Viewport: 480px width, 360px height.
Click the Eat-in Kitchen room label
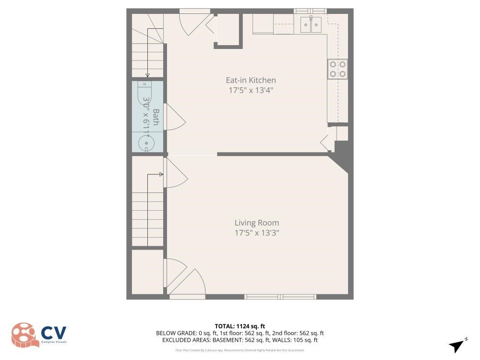point(251,80)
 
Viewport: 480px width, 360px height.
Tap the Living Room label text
point(256,223)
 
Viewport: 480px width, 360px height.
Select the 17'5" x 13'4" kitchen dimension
point(251,90)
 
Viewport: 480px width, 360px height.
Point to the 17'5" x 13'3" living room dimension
point(256,233)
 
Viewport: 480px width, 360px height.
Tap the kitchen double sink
point(310,24)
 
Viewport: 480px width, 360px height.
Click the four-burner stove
point(337,69)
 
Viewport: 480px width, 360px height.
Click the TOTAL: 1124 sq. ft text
point(240,326)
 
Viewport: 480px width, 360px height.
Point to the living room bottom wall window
point(281,297)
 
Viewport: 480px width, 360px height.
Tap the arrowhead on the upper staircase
point(147,75)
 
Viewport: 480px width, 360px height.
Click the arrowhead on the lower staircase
point(162,174)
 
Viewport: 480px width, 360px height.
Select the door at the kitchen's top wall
point(194,22)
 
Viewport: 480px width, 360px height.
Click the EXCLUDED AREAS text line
point(240,340)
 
